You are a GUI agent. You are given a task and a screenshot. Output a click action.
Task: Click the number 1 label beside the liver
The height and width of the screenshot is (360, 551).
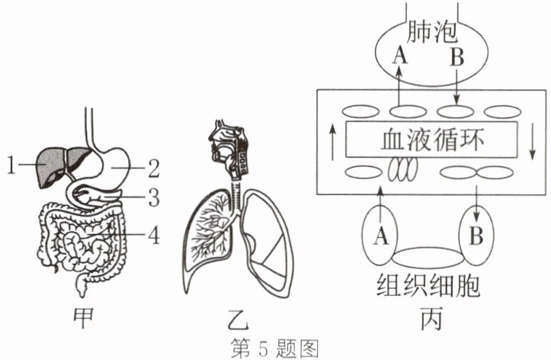click(x=11, y=166)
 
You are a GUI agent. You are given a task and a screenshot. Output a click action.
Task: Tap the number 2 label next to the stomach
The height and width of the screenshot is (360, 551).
click(x=153, y=169)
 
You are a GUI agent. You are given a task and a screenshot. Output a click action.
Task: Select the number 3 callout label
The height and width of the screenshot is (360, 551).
click(x=154, y=198)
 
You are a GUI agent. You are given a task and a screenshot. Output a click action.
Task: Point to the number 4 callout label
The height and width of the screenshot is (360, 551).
click(x=154, y=234)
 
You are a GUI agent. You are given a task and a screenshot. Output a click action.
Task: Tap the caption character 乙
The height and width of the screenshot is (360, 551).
click(x=238, y=320)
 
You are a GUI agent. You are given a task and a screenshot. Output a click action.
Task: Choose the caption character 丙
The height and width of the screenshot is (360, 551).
click(x=431, y=320)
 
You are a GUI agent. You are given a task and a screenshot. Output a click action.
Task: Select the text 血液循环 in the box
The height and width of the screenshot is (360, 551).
click(x=432, y=140)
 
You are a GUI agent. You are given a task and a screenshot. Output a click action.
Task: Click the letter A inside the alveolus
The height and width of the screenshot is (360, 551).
click(x=400, y=56)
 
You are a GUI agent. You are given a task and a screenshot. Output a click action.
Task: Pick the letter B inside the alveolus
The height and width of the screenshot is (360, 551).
click(x=456, y=56)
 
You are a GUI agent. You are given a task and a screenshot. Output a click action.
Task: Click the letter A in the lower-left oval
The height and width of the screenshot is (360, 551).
click(x=381, y=236)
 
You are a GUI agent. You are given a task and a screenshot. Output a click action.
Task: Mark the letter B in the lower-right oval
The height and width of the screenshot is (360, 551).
click(x=476, y=236)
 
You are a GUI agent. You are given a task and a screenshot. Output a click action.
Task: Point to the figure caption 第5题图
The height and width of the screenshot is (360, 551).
click(x=274, y=349)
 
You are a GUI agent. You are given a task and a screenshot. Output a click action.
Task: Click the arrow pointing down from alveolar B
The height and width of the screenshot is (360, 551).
click(x=456, y=86)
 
